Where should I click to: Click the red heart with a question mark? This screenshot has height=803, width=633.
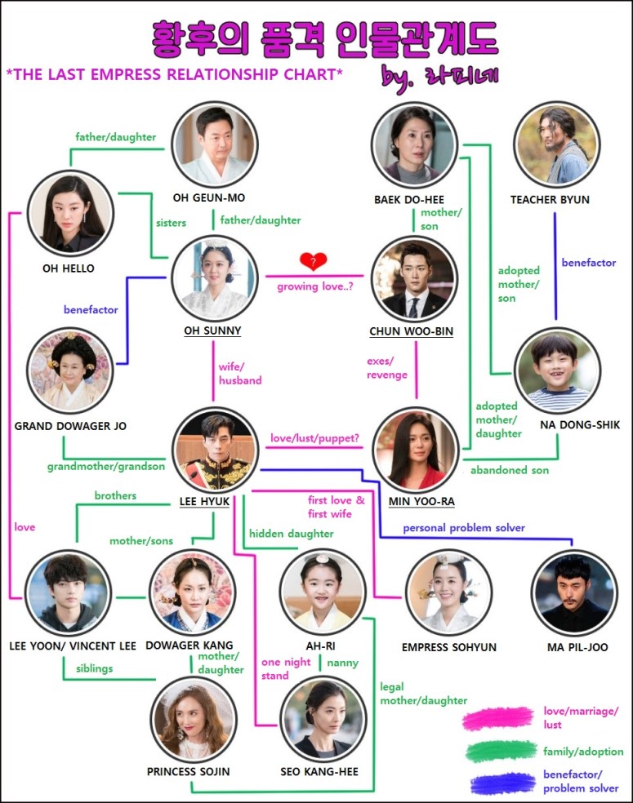point(313,261)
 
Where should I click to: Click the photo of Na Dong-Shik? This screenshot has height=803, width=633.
point(557,371)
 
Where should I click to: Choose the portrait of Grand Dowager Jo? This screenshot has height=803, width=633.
point(68,372)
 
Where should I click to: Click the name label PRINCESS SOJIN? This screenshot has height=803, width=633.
point(188,771)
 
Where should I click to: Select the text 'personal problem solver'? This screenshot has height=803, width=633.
point(463,528)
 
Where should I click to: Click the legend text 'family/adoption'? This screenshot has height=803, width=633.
point(582,752)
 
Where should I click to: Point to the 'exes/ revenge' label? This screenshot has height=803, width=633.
point(387,368)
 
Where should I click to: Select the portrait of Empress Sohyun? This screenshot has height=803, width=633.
point(448,591)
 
